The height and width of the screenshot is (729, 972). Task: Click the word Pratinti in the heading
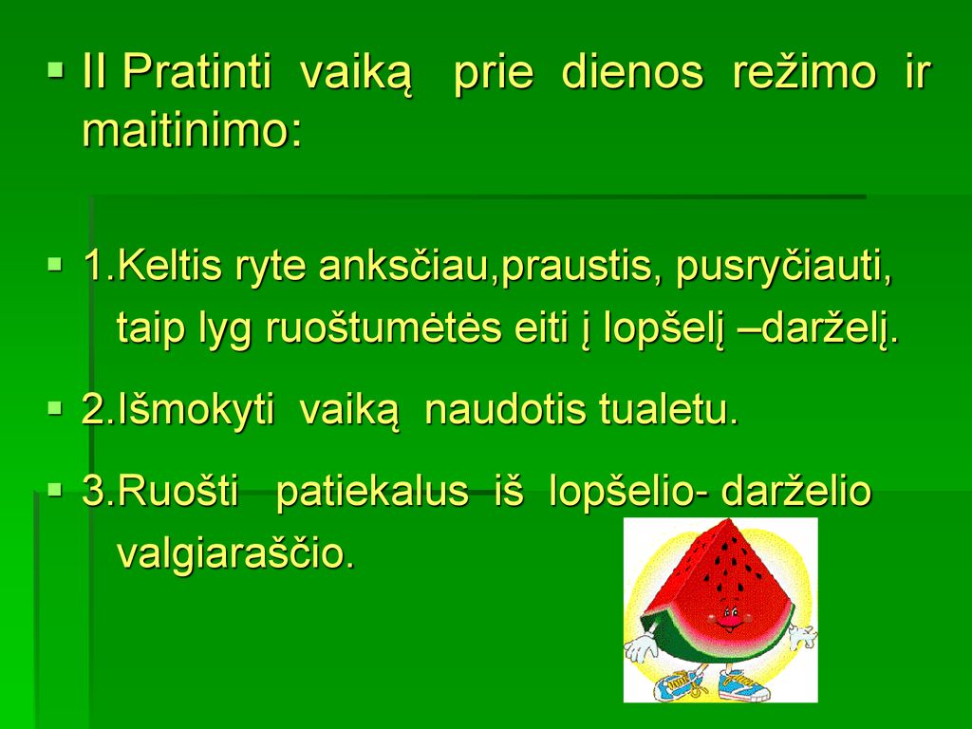(x=196, y=72)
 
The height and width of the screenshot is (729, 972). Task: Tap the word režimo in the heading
(x=804, y=72)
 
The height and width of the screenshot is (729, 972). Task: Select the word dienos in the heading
(x=632, y=72)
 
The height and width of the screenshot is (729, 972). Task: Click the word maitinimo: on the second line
(x=192, y=131)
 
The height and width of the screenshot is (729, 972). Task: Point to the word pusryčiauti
(x=784, y=267)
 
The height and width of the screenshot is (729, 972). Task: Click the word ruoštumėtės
(x=383, y=327)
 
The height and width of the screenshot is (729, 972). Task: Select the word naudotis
(x=505, y=410)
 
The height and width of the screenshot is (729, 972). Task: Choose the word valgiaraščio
(x=235, y=552)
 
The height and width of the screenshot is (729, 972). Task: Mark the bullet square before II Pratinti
(x=56, y=68)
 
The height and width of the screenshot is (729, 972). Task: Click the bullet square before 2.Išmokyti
(x=56, y=408)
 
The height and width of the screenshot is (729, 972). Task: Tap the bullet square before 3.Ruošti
(x=56, y=491)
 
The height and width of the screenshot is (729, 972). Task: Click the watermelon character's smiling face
(x=730, y=617)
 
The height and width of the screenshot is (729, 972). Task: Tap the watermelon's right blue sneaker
(x=744, y=684)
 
